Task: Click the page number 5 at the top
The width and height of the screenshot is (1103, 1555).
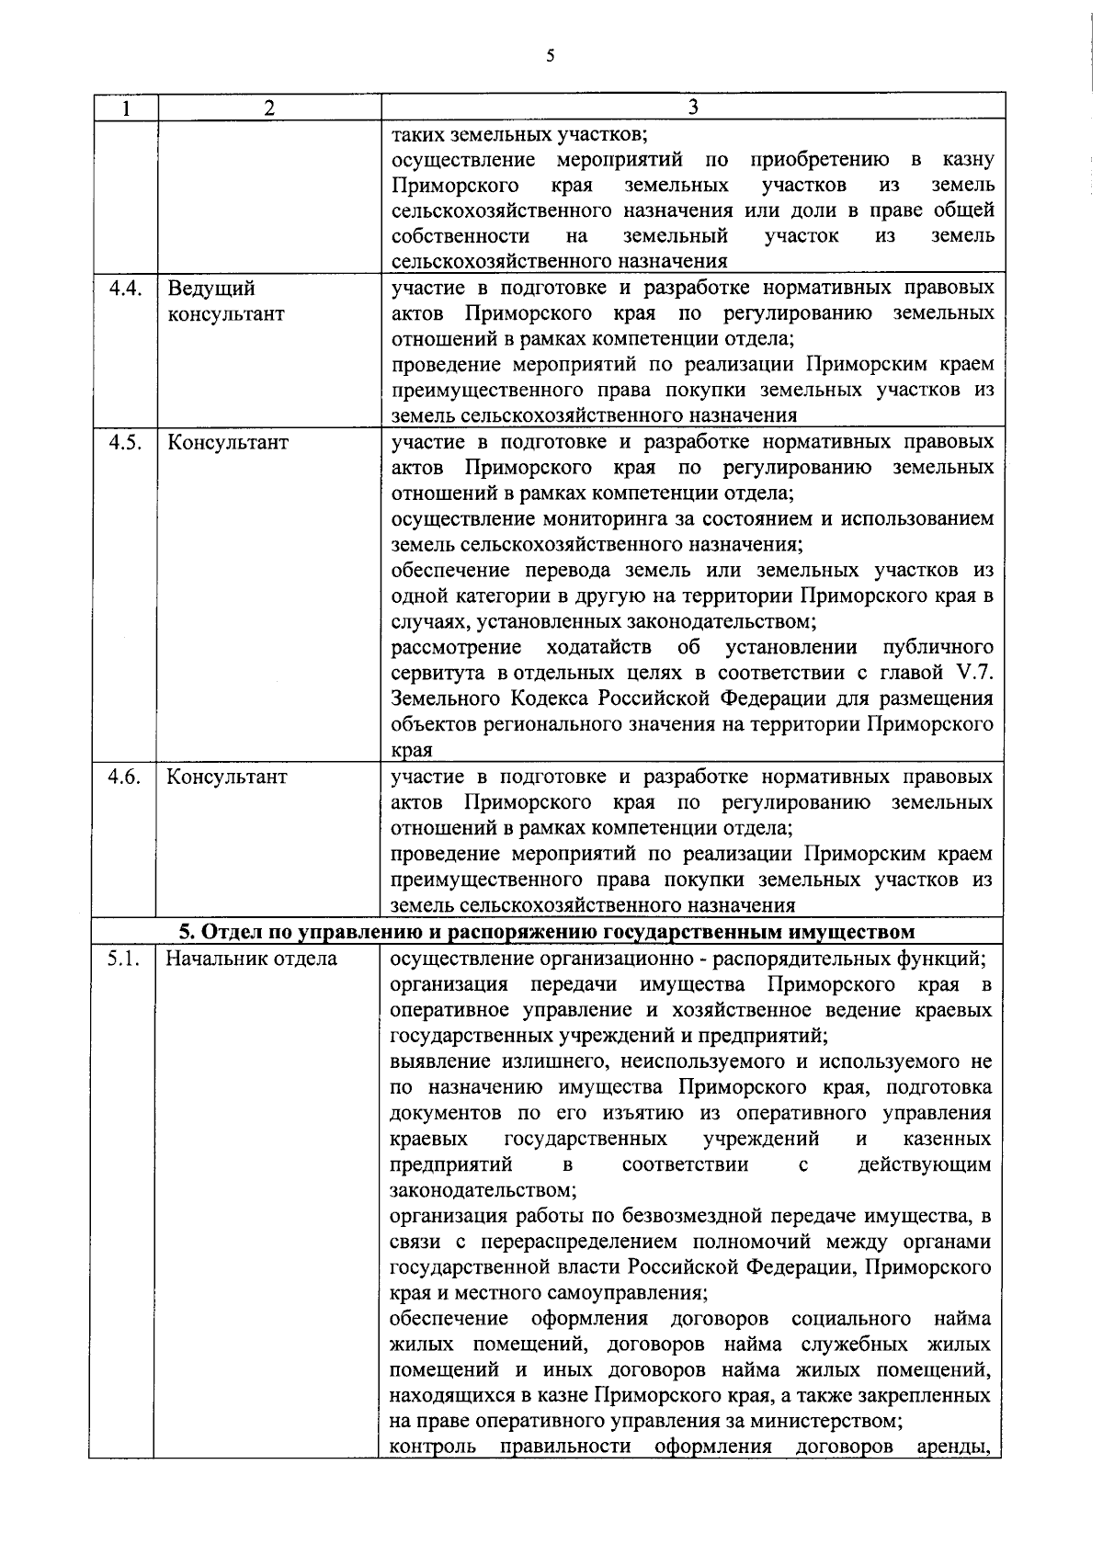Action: coord(550,57)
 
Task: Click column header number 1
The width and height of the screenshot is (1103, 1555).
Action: coord(124,108)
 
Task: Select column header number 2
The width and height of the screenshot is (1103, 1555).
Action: coord(268,108)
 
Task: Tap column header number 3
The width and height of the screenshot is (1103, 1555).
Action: coord(693,108)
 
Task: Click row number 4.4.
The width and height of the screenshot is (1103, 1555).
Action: coord(124,289)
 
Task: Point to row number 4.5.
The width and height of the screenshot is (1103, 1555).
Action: coord(124,442)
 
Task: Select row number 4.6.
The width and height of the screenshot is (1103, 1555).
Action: coord(124,777)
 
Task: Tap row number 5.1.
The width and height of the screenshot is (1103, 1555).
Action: coord(122,959)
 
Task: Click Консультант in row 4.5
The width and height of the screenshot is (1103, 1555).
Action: coord(228,442)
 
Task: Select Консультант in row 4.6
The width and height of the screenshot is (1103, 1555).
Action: coord(227,777)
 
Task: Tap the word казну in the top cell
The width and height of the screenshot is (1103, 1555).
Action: coord(967,160)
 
